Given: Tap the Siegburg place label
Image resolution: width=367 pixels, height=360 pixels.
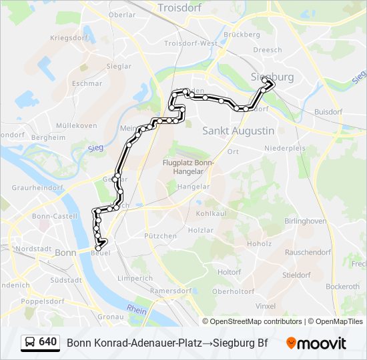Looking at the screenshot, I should [x=272, y=77].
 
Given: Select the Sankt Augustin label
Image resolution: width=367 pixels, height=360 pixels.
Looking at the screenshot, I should [x=238, y=131].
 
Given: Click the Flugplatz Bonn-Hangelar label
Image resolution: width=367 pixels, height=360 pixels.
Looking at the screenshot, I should [x=189, y=167].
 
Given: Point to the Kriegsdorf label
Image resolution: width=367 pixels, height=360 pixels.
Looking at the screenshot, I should [x=69, y=38].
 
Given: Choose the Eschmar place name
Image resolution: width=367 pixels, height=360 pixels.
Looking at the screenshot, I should [x=87, y=84].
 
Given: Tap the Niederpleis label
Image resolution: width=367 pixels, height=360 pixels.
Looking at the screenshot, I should [x=285, y=148].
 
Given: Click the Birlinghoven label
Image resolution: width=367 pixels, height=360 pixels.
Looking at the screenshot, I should [x=305, y=221].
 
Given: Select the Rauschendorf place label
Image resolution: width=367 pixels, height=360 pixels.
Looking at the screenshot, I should [x=308, y=253].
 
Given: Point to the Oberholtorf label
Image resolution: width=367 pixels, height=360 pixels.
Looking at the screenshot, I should [x=234, y=291].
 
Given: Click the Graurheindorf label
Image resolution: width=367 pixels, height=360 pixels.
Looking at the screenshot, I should [x=37, y=188].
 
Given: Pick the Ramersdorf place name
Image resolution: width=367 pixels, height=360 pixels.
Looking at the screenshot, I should [x=170, y=291].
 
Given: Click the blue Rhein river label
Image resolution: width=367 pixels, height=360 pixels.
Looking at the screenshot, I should [x=137, y=309].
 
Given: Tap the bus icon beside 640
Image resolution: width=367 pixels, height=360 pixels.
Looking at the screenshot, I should [x=29, y=343].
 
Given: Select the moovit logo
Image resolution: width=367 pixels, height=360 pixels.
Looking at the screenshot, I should [x=316, y=343].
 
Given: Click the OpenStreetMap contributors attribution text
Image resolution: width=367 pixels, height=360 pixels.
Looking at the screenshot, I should [x=252, y=321].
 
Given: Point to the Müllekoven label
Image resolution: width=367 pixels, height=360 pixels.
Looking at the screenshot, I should [x=77, y=125].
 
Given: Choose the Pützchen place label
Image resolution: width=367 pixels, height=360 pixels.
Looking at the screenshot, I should [x=161, y=236].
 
